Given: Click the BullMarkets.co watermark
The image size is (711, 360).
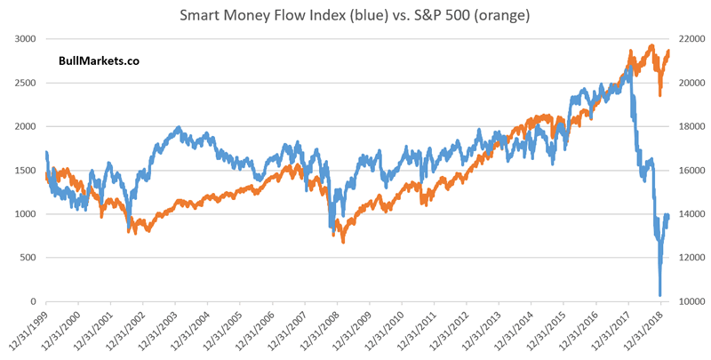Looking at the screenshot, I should [x=98, y=60].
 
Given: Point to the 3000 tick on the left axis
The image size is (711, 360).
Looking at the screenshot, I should [x=28, y=38].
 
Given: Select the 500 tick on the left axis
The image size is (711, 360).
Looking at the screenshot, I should [x=30, y=258].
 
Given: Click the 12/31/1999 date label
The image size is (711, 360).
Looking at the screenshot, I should [x=30, y=330].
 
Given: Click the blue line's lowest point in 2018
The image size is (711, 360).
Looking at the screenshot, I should [x=659, y=296].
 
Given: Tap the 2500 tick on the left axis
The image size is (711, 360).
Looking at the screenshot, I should [x=28, y=83].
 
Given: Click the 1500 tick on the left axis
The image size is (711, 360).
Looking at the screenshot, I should [x=28, y=170].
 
